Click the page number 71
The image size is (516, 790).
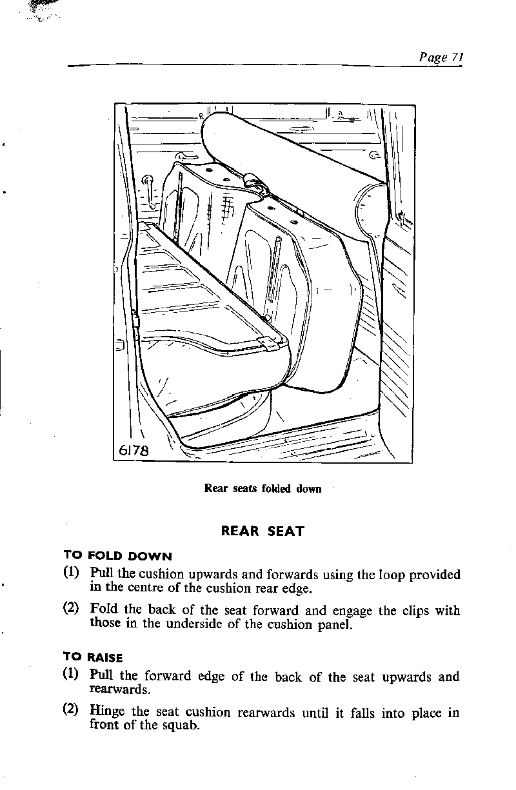[x=457, y=57]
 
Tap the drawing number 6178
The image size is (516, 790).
[x=134, y=450]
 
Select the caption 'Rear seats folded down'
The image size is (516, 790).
[x=263, y=488]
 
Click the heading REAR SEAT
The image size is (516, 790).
[x=262, y=532]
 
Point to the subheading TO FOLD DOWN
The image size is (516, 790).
[x=117, y=556]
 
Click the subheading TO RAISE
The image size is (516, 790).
[x=93, y=657]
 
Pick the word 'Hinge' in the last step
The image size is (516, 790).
[x=107, y=712]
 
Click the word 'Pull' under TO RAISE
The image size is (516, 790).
[x=102, y=676]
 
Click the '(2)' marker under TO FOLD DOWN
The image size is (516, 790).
[x=71, y=609]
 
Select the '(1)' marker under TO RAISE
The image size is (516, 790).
[x=71, y=676]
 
